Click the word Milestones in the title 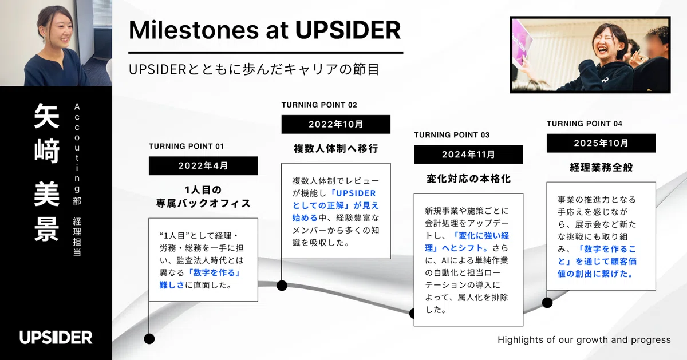tap(194, 30)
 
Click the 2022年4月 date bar tap(203, 166)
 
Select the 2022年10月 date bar tap(336, 124)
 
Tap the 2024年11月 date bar tap(468, 154)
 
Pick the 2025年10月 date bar tap(601, 143)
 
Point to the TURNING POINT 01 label tap(186, 147)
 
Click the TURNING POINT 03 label tap(452, 135)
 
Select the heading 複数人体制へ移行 tap(336, 149)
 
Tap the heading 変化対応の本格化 tap(469, 179)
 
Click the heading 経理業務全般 tap(601, 168)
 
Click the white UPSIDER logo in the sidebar tap(56, 337)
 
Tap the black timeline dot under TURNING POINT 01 tap(149, 339)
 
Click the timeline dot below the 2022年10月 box tap(282, 286)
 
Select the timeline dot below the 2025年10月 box tap(547, 303)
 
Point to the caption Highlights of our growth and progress tap(584, 340)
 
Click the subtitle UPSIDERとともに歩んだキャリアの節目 tap(254, 69)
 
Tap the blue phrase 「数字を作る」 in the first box tap(214, 272)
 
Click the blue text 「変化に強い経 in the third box tap(481, 235)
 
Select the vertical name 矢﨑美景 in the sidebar tap(46, 172)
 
